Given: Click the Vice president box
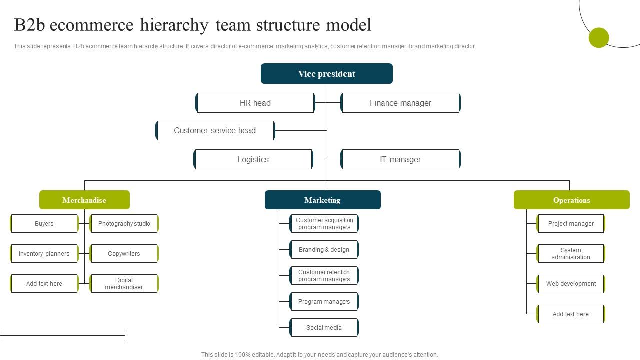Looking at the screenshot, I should point(327,74).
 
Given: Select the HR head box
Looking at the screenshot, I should point(255,103).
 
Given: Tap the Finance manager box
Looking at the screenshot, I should point(400,103).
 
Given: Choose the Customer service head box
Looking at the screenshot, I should point(215,130).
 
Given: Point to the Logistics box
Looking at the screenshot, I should point(253,159).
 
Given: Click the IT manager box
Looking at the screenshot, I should point(400,159).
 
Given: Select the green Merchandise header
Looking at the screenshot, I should point(84,200).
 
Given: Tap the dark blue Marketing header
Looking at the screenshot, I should point(322,200).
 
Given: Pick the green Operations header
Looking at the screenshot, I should point(571,200).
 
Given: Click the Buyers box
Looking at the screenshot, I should point(44,224).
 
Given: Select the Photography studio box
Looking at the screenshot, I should point(124,224).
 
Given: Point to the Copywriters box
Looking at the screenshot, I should point(124,254).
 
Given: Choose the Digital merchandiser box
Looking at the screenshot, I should point(124,284).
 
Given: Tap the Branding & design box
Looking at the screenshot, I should point(324,250).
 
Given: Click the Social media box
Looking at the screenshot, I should point(324,328).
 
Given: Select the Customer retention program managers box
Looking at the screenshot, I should point(324,276).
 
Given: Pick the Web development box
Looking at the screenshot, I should point(571,284).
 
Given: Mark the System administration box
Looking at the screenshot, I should point(571,254).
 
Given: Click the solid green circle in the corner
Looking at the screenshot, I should point(598,38).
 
